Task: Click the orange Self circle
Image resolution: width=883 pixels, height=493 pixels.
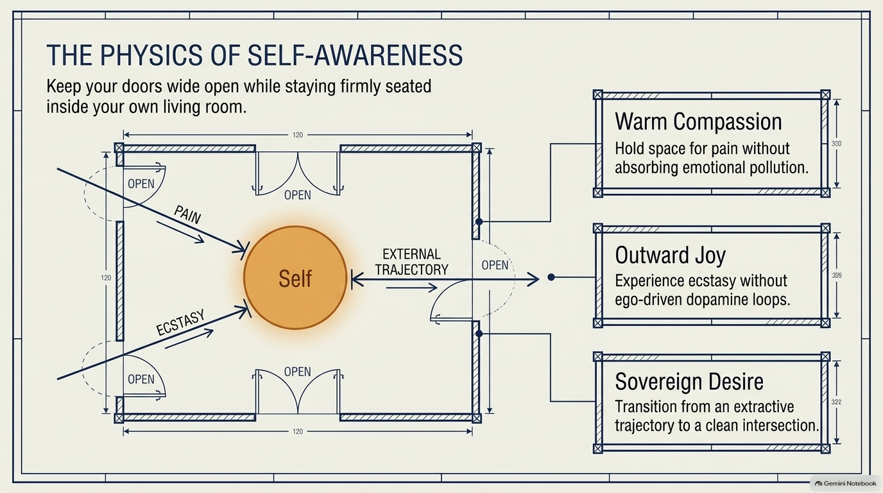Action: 295,278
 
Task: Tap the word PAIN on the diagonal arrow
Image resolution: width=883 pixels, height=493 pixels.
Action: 187,215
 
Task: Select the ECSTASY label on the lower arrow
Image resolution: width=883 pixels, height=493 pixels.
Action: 180,323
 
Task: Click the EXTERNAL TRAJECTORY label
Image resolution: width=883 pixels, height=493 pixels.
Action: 411,262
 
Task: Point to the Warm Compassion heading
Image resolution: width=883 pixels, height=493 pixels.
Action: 698,121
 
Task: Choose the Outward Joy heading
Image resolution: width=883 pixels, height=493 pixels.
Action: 670,255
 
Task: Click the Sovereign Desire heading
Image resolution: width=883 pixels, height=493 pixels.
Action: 689,381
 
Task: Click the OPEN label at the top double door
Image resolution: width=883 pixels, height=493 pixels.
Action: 298,195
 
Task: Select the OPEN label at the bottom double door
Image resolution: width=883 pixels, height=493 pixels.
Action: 298,372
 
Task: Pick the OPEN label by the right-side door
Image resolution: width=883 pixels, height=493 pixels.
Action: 495,265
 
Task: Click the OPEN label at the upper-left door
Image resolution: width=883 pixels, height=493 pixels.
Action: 141,184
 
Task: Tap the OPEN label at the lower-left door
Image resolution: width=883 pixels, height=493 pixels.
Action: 141,379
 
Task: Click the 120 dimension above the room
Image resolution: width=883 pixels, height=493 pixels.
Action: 298,135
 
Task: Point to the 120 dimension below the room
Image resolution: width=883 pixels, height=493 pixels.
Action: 298,431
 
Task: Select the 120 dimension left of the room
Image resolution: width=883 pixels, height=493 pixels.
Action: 106,278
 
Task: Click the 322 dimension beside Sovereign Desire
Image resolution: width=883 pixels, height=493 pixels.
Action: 837,402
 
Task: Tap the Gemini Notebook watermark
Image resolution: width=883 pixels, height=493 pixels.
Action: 846,483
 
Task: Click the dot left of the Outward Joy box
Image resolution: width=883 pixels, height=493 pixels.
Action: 551,277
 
